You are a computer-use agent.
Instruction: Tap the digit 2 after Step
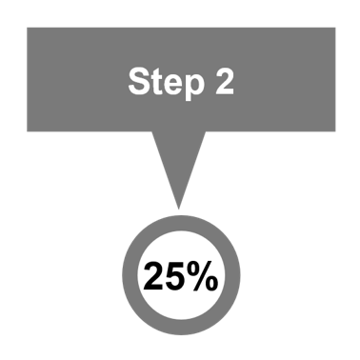click(x=223, y=82)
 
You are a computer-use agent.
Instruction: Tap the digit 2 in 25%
click(x=153, y=278)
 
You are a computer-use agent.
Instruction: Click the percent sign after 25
click(x=201, y=278)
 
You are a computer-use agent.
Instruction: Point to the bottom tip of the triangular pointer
click(x=177, y=209)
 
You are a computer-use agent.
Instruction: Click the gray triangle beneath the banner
click(x=177, y=162)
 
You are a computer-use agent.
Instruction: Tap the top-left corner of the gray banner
click(x=27, y=28)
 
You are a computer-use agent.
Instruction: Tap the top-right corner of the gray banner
click(x=335, y=28)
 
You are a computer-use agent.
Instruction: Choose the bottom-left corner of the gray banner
click(x=27, y=131)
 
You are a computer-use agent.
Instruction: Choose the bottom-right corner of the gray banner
click(x=335, y=131)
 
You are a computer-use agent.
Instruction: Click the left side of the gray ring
click(x=128, y=278)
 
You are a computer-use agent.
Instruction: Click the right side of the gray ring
click(x=233, y=278)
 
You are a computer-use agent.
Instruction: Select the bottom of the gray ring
click(x=180, y=330)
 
